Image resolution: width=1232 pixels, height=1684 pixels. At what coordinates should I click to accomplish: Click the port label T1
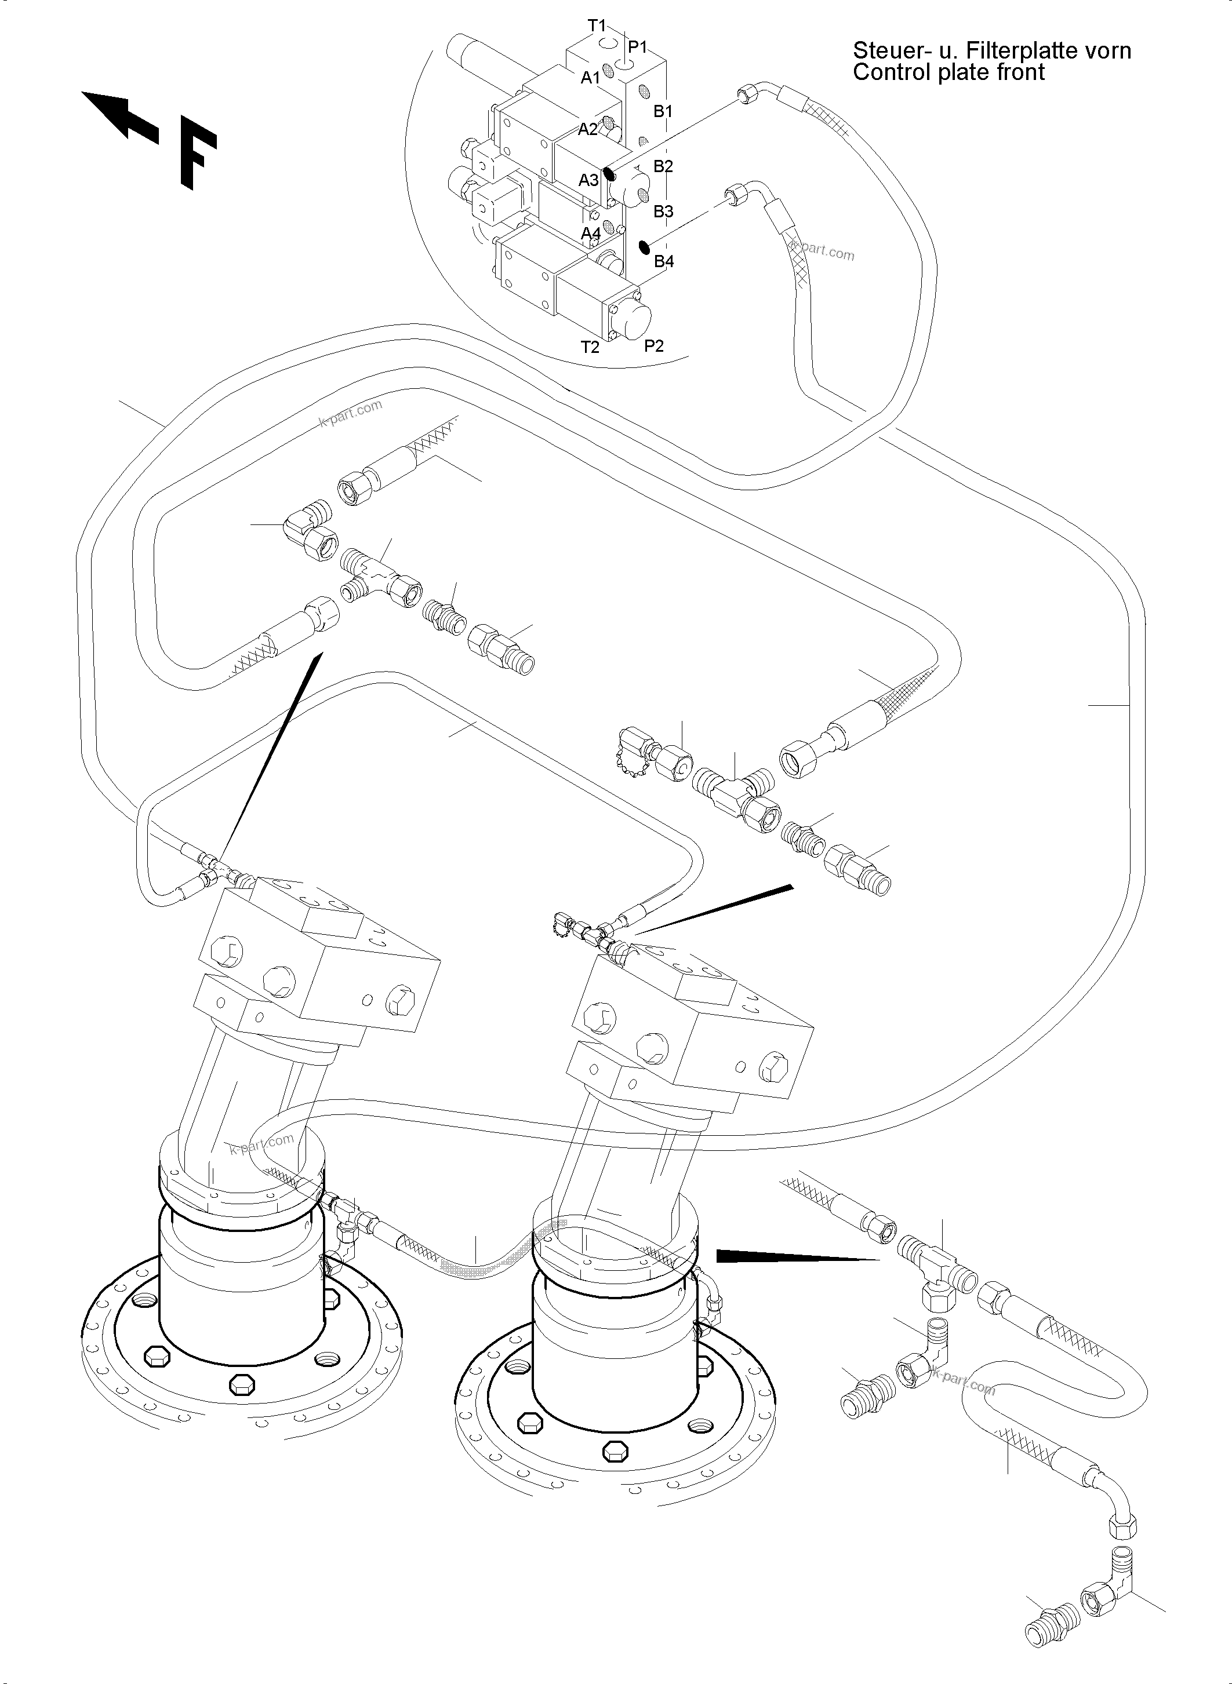[597, 26]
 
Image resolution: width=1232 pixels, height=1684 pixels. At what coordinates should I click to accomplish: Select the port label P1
[638, 47]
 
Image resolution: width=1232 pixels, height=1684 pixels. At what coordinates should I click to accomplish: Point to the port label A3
[589, 180]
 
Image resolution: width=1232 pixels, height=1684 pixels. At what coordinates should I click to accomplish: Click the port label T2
[590, 347]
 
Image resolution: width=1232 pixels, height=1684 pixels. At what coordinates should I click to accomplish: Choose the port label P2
[654, 345]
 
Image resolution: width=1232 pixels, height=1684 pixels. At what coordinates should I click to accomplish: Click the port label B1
[663, 111]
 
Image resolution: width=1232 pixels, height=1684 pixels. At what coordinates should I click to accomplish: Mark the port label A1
[591, 78]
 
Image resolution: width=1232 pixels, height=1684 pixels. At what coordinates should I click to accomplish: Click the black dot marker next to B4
[644, 247]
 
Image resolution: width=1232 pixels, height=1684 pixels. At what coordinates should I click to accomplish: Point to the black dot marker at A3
[609, 174]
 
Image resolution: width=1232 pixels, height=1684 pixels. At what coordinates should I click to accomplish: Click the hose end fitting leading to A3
[747, 94]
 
